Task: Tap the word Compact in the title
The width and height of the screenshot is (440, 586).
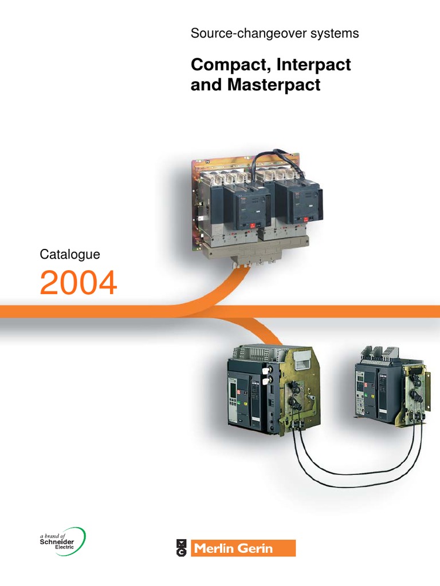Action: pyautogui.click(x=230, y=65)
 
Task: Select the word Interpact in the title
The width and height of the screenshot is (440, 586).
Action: pyautogui.click(x=314, y=65)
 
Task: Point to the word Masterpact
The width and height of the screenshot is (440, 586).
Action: pyautogui.click(x=274, y=85)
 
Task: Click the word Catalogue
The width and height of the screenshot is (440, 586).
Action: pyautogui.click(x=70, y=255)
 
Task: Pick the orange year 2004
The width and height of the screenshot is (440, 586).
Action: pyautogui.click(x=78, y=283)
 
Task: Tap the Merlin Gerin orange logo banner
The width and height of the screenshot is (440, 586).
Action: pyautogui.click(x=243, y=548)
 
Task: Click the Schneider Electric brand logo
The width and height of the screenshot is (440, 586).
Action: pyautogui.click(x=62, y=541)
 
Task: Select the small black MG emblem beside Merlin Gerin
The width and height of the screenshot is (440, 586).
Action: pyautogui.click(x=181, y=548)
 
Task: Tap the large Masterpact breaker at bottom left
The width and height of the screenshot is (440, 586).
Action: pyautogui.click(x=273, y=390)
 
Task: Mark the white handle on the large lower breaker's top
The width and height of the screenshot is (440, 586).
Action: pyautogui.click(x=304, y=359)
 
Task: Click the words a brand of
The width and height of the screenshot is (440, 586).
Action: pyautogui.click(x=52, y=536)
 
